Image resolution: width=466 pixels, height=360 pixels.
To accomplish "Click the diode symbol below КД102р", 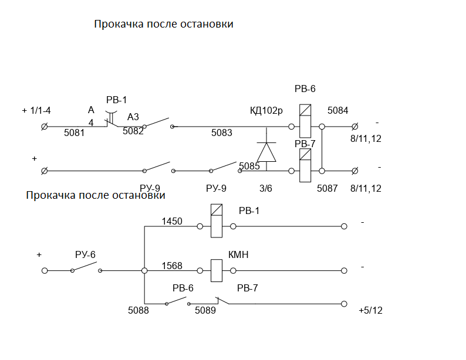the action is [266, 152].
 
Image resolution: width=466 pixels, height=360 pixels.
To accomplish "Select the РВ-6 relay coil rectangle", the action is [305, 121].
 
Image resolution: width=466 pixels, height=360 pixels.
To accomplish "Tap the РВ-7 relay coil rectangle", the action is [305, 165].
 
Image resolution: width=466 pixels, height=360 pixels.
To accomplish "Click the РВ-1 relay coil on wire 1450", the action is [217, 221].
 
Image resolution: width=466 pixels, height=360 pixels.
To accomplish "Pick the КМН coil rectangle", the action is [217, 271].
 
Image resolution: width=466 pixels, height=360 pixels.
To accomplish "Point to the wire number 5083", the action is [222, 133].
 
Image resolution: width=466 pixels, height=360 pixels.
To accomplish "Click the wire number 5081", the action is [75, 133].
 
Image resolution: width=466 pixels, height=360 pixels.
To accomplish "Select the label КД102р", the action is [266, 110].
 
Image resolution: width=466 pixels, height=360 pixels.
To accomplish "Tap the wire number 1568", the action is [172, 266].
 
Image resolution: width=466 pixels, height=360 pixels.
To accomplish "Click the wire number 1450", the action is [172, 221].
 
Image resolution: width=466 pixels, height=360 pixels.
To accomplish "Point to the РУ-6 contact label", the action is [85, 254].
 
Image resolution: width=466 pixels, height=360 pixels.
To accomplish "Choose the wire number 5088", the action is [138, 310].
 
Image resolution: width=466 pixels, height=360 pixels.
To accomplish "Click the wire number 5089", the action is [205, 310].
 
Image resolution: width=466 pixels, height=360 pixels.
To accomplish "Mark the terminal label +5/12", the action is [370, 310].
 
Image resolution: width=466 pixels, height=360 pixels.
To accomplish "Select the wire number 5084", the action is [337, 110].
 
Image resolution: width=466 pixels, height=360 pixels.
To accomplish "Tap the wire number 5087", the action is [327, 188].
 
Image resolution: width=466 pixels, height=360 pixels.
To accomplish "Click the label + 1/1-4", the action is [36, 111].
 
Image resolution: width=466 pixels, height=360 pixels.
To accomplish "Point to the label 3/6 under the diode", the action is [266, 188].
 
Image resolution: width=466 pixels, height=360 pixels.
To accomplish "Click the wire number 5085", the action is [249, 166].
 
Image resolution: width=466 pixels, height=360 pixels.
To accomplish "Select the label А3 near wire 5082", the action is [133, 117].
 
